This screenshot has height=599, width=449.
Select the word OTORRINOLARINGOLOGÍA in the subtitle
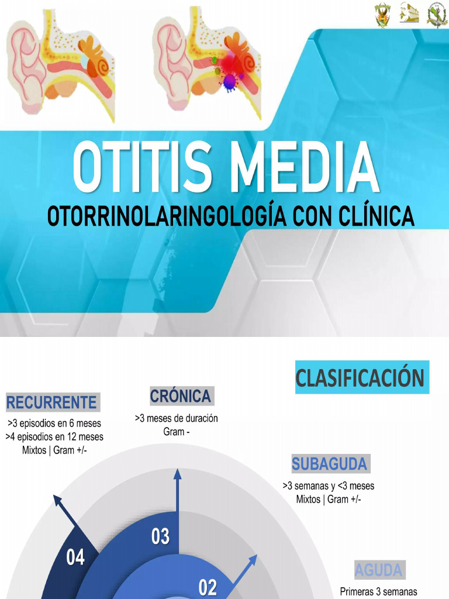point(165,217)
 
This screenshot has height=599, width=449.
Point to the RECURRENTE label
point(51,402)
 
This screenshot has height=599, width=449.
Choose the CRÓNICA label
point(180,396)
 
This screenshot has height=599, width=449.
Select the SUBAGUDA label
point(329,464)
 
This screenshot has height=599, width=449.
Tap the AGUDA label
point(378,569)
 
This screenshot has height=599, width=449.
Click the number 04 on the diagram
point(75,557)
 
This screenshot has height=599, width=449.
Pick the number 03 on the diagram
point(160,536)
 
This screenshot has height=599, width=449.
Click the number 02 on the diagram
point(208,587)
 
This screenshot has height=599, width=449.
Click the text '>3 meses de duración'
point(176,419)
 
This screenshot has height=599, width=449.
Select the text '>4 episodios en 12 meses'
point(54,437)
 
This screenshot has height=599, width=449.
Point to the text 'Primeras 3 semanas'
point(378,591)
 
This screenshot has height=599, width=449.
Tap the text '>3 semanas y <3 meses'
point(328,486)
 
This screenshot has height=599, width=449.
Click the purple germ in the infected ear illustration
point(229,80)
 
